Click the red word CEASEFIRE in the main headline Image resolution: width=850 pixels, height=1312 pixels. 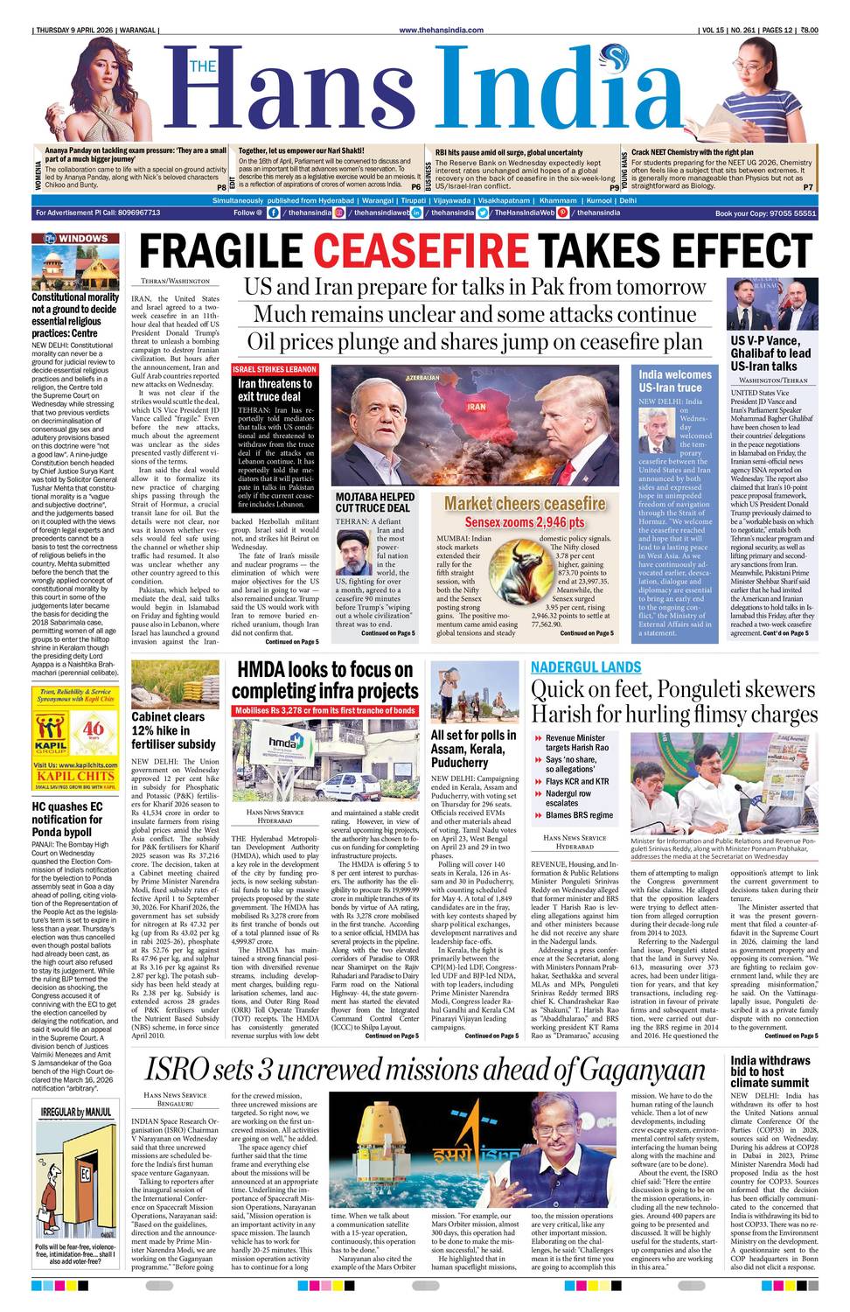pyautogui.click(x=421, y=251)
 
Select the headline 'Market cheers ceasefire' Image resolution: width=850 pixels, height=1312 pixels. pyautogui.click(x=524, y=503)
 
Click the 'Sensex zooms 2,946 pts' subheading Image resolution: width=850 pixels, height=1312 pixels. pyautogui.click(x=524, y=522)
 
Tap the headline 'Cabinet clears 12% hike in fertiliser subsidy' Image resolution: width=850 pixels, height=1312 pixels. pyautogui.click(x=173, y=729)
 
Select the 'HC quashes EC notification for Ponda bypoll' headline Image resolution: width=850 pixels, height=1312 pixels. pyautogui.click(x=68, y=819)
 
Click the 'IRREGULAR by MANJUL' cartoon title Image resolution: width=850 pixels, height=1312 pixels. pyautogui.click(x=76, y=1112)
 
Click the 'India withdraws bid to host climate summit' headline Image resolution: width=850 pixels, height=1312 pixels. pyautogui.click(x=770, y=1071)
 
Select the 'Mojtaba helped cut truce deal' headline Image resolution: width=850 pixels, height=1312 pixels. pyautogui.click(x=375, y=502)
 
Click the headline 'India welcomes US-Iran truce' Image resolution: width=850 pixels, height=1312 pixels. pyautogui.click(x=675, y=380)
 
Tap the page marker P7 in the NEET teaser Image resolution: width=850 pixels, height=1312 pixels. pyautogui.click(x=807, y=186)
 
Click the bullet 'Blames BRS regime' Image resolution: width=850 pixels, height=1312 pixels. pyautogui.click(x=579, y=815)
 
